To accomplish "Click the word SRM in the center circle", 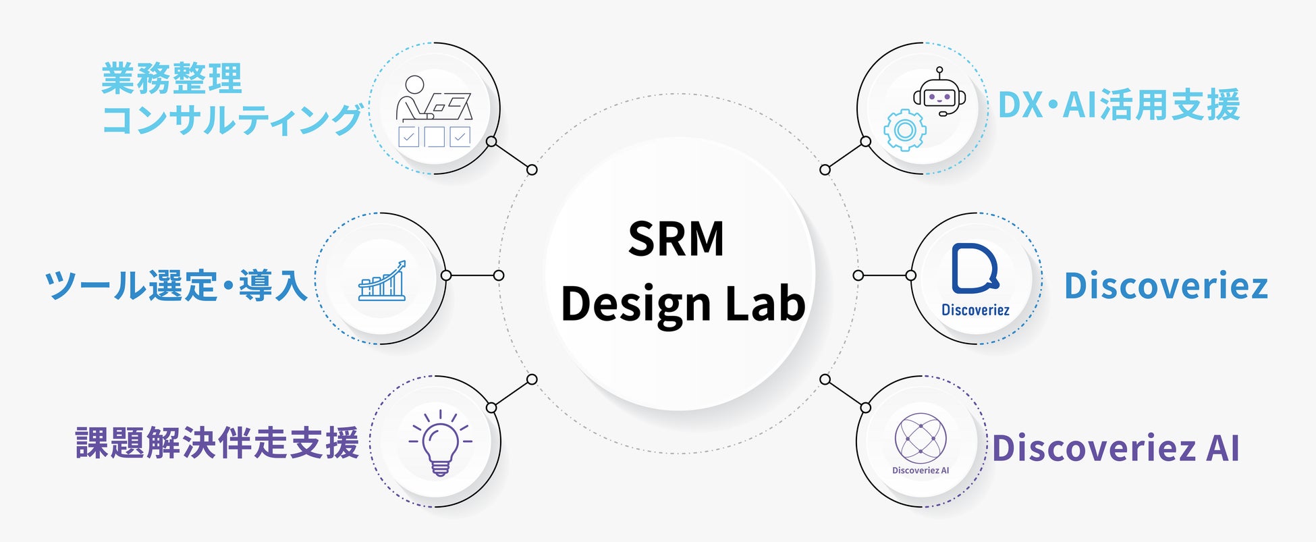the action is click(676, 239).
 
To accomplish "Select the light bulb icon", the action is click(440, 442).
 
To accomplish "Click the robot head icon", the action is click(939, 96).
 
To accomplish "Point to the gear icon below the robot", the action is click(904, 130).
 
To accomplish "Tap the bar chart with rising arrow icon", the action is click(383, 280).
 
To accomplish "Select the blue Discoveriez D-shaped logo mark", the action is click(974, 269).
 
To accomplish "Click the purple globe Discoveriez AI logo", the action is click(921, 438).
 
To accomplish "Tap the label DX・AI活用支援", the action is click(1118, 105).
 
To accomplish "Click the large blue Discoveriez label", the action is click(1166, 286).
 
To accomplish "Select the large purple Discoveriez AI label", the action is click(1116, 448).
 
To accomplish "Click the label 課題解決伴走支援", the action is click(217, 443).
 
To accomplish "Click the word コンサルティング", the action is click(231, 120).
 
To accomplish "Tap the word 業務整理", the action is click(171, 79).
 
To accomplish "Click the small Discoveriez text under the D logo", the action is click(975, 310).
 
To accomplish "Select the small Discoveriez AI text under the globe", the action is click(921, 470).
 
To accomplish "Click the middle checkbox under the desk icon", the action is click(434, 137).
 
